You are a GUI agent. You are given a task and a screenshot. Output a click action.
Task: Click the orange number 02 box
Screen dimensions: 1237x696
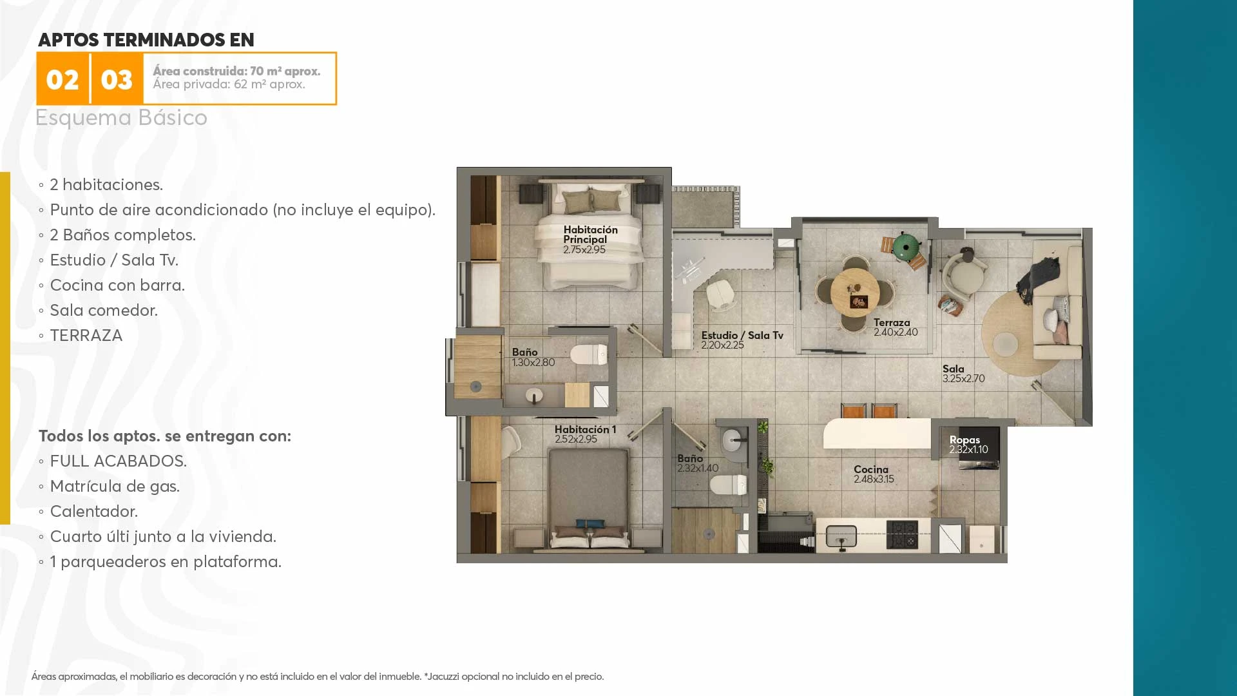(x=62, y=79)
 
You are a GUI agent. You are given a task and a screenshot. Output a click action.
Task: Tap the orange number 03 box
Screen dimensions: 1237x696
(x=117, y=79)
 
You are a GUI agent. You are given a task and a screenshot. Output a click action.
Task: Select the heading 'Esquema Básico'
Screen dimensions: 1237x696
(x=121, y=118)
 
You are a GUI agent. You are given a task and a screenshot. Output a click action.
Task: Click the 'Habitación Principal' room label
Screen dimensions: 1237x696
(x=590, y=235)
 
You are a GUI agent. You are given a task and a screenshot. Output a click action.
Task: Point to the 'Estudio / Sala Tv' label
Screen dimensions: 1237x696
(x=742, y=335)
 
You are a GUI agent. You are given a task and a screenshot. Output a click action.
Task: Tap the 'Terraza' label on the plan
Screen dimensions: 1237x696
(x=892, y=322)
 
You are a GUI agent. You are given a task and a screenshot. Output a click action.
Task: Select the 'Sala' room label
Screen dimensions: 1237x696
(x=954, y=369)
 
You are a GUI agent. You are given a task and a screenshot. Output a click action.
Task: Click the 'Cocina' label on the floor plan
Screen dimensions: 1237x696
(x=871, y=469)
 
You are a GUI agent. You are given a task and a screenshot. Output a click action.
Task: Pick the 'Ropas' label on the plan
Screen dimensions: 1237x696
(x=964, y=440)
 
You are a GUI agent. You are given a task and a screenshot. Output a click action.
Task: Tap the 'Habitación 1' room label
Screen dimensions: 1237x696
(x=585, y=429)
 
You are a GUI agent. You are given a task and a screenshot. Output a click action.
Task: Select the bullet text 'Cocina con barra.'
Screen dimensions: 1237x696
(x=117, y=285)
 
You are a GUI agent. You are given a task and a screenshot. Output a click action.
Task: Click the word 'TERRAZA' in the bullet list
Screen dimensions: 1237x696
(x=86, y=336)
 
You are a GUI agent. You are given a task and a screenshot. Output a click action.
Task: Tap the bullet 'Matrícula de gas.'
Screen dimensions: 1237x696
(x=115, y=487)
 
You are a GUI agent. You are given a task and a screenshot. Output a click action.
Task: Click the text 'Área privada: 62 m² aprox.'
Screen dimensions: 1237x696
(x=229, y=84)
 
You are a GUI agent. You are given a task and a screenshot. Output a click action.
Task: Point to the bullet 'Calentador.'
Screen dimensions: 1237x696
(x=94, y=512)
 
